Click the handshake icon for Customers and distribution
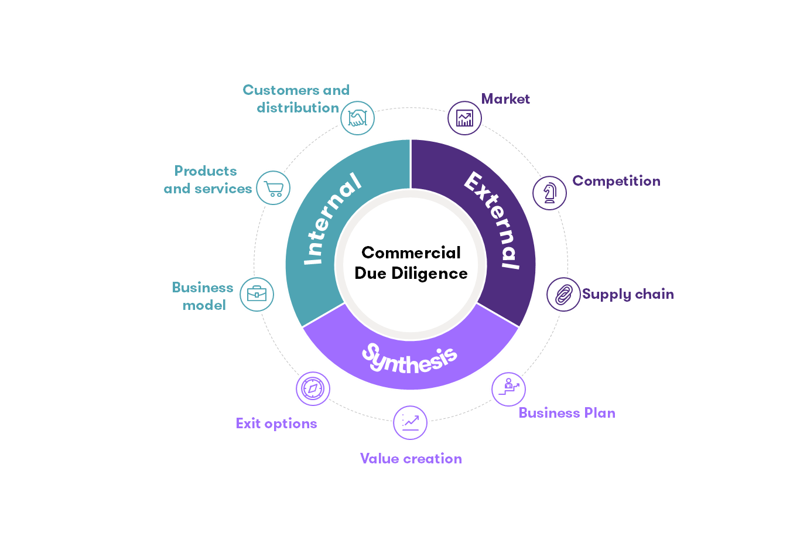(x=357, y=118)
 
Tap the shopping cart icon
(x=273, y=188)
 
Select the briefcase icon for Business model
(x=257, y=294)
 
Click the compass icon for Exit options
(x=313, y=388)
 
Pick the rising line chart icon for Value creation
(x=411, y=422)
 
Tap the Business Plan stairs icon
(x=508, y=388)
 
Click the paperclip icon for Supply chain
(x=563, y=294)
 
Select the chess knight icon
(x=550, y=193)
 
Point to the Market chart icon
(x=464, y=118)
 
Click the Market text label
(x=505, y=99)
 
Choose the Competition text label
(x=616, y=181)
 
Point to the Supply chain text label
(x=628, y=294)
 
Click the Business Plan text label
(x=567, y=413)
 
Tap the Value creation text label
(x=411, y=459)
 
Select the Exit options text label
(x=276, y=424)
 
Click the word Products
(x=206, y=171)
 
